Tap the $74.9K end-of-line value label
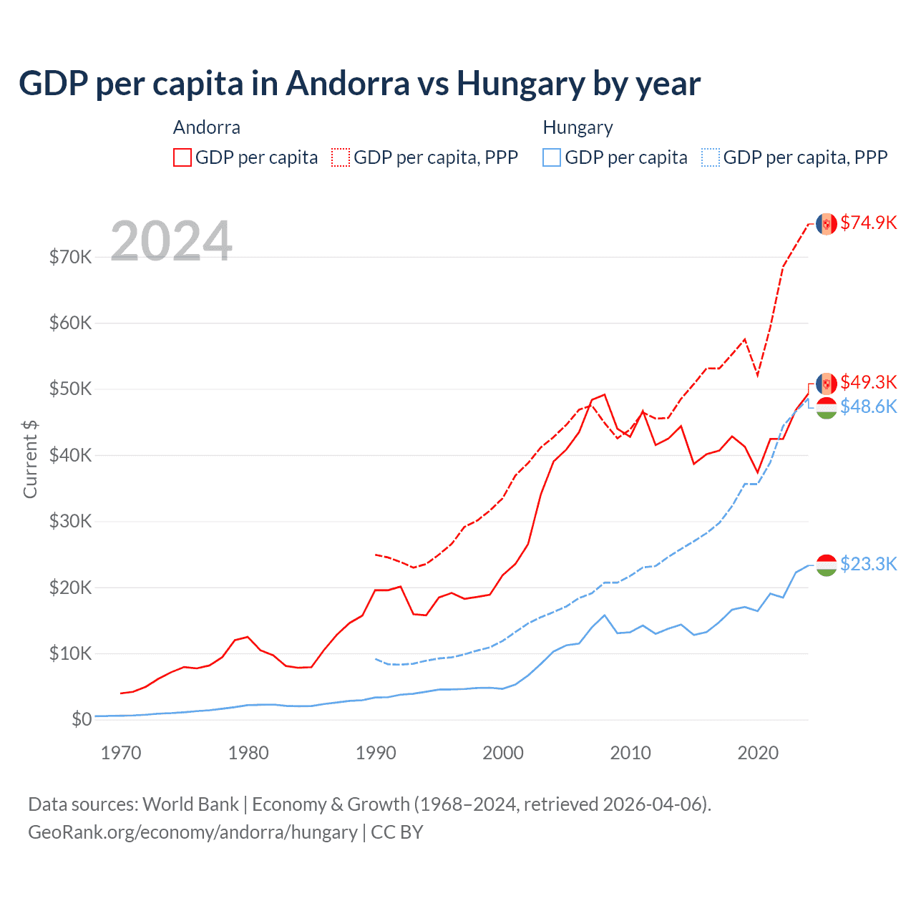pyautogui.click(x=868, y=223)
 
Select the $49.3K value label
pyautogui.click(x=868, y=382)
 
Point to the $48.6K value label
pyautogui.click(x=868, y=406)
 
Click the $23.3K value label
pyautogui.click(x=868, y=564)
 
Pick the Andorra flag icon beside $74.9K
pyautogui.click(x=827, y=223)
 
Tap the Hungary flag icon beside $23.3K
pyautogui.click(x=827, y=565)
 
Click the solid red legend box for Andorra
pyautogui.click(x=182, y=157)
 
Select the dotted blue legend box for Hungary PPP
pyautogui.click(x=711, y=157)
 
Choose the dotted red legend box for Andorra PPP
pyautogui.click(x=341, y=157)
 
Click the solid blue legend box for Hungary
pyautogui.click(x=552, y=157)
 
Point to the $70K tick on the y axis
pyautogui.click(x=70, y=257)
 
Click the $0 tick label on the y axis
pyautogui.click(x=82, y=719)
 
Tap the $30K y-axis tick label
pyautogui.click(x=70, y=521)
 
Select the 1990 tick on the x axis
pyautogui.click(x=376, y=753)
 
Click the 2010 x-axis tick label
pyautogui.click(x=630, y=753)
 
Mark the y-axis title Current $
pyautogui.click(x=30, y=459)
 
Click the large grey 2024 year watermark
pyautogui.click(x=171, y=241)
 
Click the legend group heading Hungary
pyautogui.click(x=578, y=127)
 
